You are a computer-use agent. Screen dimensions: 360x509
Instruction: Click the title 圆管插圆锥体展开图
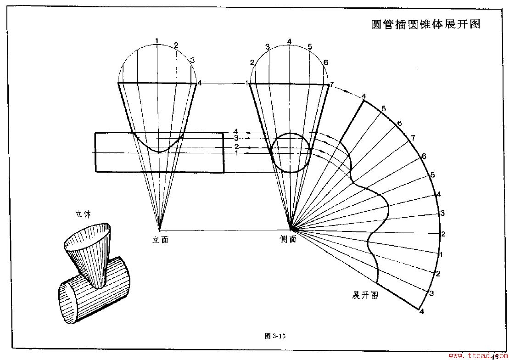(x=425, y=24)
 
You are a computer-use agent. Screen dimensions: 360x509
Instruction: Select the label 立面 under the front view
(x=160, y=239)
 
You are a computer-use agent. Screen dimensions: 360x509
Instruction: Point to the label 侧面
(x=288, y=239)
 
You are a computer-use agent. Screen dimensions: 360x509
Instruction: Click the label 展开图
(x=365, y=295)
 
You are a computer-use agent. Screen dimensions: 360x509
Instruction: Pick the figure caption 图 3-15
(x=275, y=336)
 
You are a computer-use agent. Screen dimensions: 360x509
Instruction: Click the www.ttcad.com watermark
(x=477, y=355)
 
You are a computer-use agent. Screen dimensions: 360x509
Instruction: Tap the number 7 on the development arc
(x=413, y=138)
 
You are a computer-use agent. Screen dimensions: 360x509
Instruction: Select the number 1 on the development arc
(x=441, y=254)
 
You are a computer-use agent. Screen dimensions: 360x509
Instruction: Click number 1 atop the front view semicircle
(x=157, y=41)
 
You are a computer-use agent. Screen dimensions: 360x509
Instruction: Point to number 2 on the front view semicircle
(x=176, y=45)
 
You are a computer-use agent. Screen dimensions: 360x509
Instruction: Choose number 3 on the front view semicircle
(x=192, y=60)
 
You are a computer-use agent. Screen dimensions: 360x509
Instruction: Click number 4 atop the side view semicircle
(x=289, y=41)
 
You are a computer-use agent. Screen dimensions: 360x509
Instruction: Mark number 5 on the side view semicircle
(x=310, y=46)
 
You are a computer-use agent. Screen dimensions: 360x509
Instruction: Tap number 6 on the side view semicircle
(x=326, y=62)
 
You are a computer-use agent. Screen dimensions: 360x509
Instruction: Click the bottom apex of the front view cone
(x=159, y=230)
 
